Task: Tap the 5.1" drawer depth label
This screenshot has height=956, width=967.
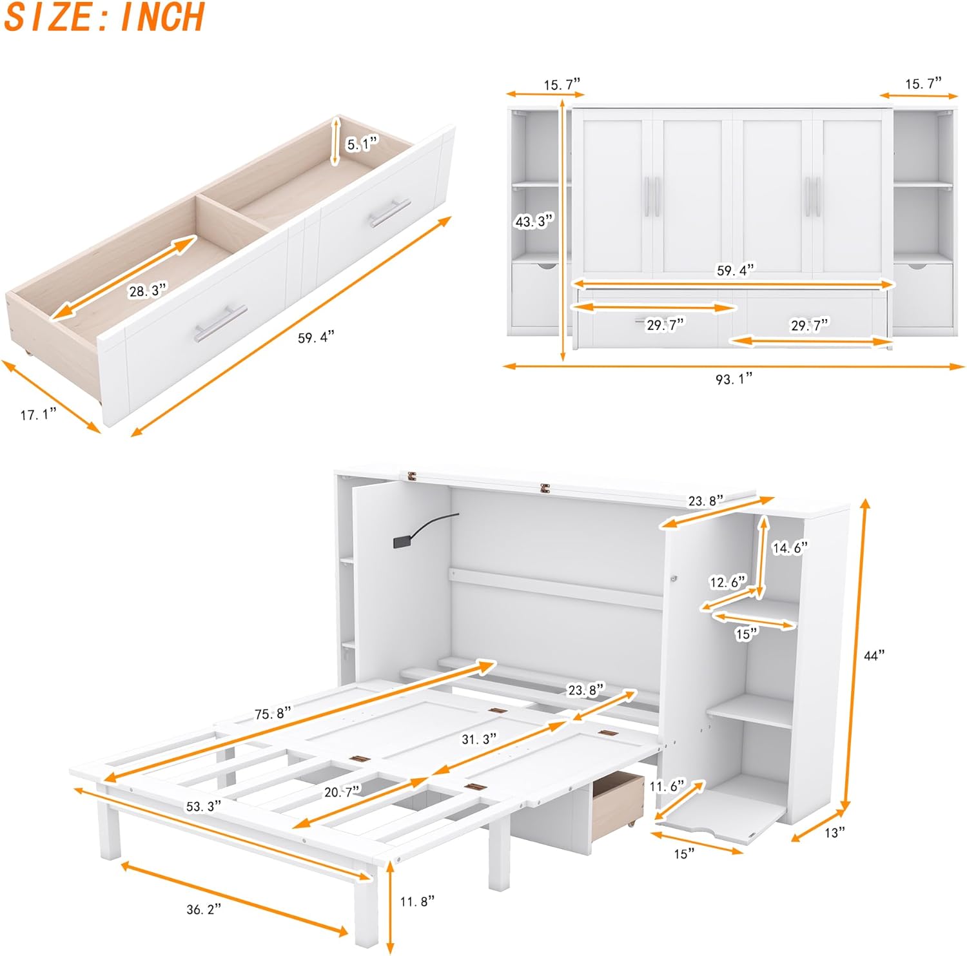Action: coord(362,144)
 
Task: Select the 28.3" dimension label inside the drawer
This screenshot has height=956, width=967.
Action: coord(148,291)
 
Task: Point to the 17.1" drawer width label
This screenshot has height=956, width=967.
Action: coord(38,415)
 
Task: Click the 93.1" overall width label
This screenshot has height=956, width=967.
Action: coord(734,379)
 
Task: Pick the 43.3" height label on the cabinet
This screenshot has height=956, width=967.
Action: coord(534,221)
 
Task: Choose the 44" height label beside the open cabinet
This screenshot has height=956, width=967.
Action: coord(874,656)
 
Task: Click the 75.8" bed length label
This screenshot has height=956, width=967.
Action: coord(273,714)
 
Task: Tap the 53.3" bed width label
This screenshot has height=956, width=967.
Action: coord(204,806)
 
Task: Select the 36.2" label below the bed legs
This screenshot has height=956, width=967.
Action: coord(204,910)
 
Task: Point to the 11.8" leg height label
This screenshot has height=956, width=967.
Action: coord(417,901)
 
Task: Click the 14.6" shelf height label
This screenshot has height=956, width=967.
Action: coord(790,548)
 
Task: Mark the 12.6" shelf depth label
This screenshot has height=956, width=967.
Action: coord(728,582)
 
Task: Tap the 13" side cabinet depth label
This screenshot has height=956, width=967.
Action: coord(835,833)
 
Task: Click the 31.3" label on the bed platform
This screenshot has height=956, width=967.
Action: coord(480,739)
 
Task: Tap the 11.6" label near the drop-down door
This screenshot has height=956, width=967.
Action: coord(667,786)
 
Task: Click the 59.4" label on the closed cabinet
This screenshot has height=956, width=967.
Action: coord(736,270)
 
